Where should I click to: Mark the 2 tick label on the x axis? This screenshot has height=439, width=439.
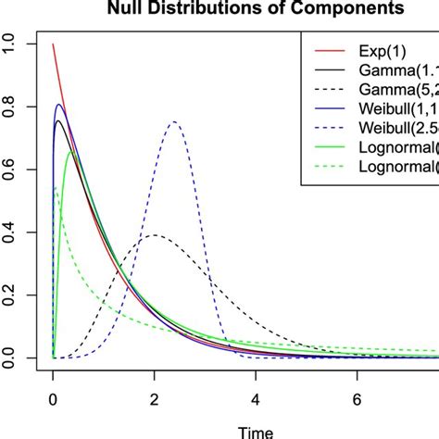[154, 399]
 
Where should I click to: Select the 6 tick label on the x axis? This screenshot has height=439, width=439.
[357, 399]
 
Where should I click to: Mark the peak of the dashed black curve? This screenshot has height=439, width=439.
[154, 235]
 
